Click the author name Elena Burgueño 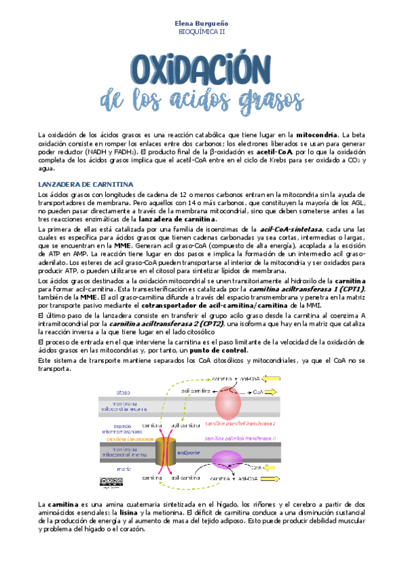(202, 23)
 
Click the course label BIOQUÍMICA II (202, 31)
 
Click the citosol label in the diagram (123, 392)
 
